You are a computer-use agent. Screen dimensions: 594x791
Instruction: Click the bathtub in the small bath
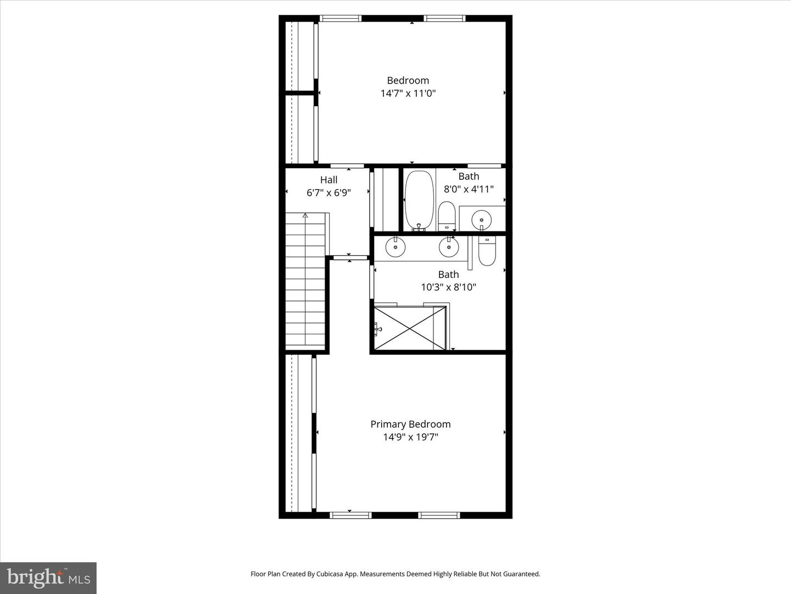[419, 200]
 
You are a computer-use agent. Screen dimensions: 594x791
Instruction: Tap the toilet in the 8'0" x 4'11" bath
[447, 215]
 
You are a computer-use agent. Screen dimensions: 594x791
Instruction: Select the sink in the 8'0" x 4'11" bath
[482, 218]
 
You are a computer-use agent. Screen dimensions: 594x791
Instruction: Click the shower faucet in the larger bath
[377, 329]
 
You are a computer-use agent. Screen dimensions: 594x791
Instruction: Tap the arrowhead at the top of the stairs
[305, 216]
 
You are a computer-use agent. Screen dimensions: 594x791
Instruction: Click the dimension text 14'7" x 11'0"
[408, 94]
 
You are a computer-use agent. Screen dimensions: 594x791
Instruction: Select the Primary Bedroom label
[410, 424]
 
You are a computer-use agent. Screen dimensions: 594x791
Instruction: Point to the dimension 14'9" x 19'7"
[410, 437]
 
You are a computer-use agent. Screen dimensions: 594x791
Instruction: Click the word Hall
[328, 180]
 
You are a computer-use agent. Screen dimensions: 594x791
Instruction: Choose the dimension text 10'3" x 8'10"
[448, 287]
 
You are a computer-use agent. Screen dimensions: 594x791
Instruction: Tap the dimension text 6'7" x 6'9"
[328, 193]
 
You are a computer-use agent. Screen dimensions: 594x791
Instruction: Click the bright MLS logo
[48, 577]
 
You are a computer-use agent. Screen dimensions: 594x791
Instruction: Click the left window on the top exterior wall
[341, 18]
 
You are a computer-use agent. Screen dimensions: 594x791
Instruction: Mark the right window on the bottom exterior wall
[439, 515]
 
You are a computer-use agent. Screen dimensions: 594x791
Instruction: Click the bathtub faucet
[419, 226]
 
